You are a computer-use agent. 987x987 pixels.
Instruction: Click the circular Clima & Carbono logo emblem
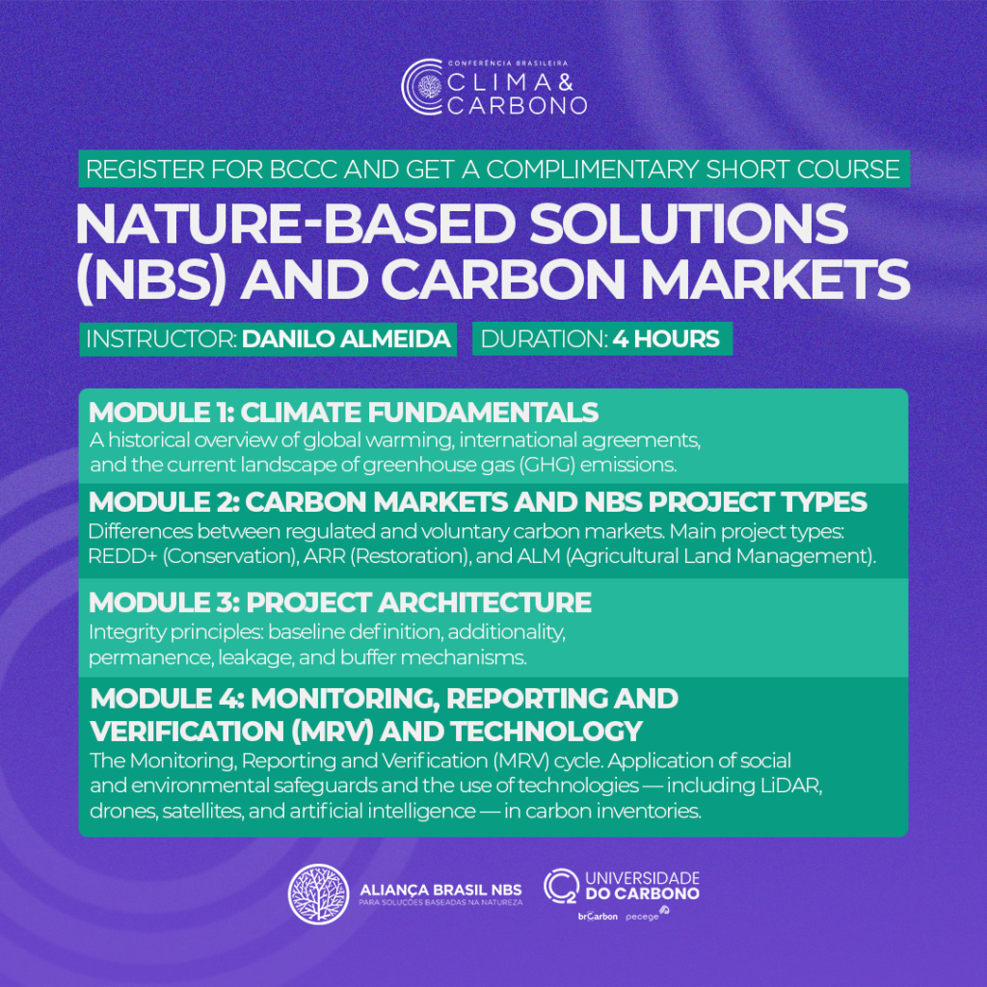(423, 87)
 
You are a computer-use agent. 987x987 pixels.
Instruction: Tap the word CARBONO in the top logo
(518, 105)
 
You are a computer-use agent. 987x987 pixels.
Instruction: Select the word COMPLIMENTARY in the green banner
(593, 170)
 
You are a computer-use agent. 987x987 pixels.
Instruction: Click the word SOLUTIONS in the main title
(688, 224)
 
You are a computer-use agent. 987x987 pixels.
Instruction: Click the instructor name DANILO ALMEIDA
(346, 338)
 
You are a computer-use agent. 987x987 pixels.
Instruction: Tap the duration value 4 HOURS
(666, 338)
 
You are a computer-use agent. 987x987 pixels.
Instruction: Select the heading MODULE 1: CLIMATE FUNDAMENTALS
(344, 413)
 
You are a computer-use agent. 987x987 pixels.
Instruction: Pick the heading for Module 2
(478, 501)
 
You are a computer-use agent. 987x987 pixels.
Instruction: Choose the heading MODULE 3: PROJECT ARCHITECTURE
(340, 602)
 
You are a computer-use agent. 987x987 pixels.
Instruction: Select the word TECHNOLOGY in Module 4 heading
(546, 731)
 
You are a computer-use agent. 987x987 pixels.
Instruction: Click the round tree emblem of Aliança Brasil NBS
(318, 894)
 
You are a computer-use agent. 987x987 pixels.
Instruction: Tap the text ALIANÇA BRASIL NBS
(440, 890)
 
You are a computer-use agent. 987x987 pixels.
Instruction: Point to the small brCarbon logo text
(598, 917)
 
